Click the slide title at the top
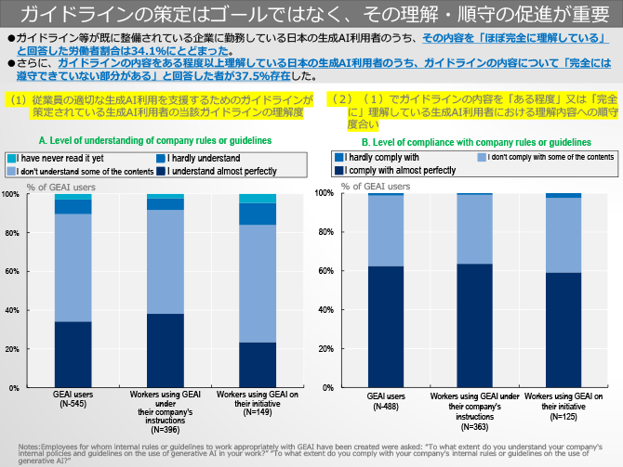311,14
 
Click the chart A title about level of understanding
155,140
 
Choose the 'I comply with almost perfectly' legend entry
399,171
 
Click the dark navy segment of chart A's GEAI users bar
72,354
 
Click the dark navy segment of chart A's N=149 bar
258,365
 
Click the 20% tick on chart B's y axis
351,348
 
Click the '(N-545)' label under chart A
72,405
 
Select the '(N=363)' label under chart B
473,424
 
